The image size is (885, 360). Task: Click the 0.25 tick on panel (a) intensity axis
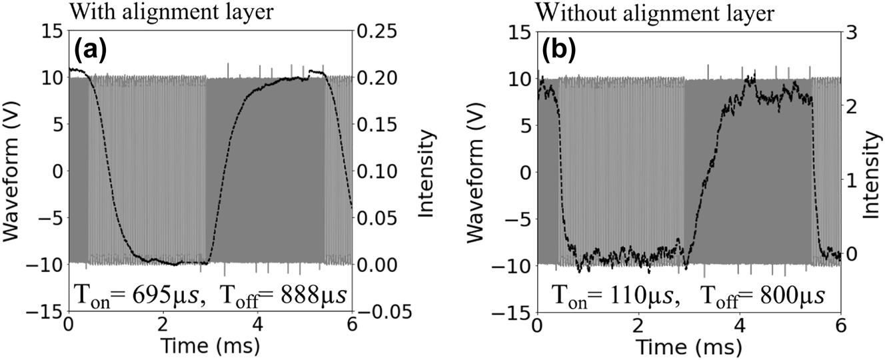coord(377,31)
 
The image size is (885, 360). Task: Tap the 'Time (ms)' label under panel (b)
coord(689,347)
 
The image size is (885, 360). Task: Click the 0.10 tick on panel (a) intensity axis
coord(377,171)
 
